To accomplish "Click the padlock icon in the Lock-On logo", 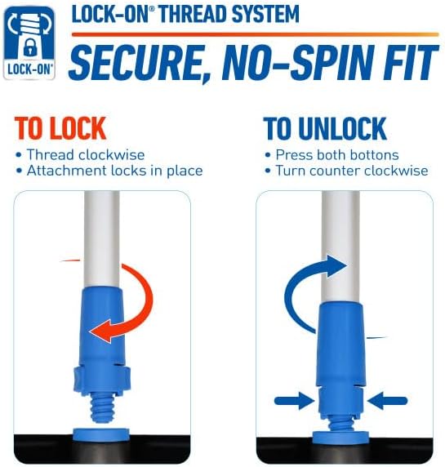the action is point(29,47).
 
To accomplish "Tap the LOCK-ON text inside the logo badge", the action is point(29,69).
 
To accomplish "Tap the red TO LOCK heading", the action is point(60,128).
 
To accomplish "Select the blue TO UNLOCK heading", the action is point(325,128).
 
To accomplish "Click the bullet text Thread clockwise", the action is point(86,154).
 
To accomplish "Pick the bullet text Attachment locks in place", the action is point(114,171).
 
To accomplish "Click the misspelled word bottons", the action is point(375,154).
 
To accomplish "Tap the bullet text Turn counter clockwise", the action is point(352,171).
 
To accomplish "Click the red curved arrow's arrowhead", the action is point(101,331).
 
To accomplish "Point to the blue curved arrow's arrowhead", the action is point(336,266).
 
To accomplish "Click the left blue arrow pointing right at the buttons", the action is point(294,401).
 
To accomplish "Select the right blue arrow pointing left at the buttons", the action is point(387,401).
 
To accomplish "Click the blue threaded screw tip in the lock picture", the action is point(101,409).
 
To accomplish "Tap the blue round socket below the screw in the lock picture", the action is point(101,434).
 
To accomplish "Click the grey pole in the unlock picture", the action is point(340,247).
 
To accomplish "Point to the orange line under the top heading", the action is point(256,34).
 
